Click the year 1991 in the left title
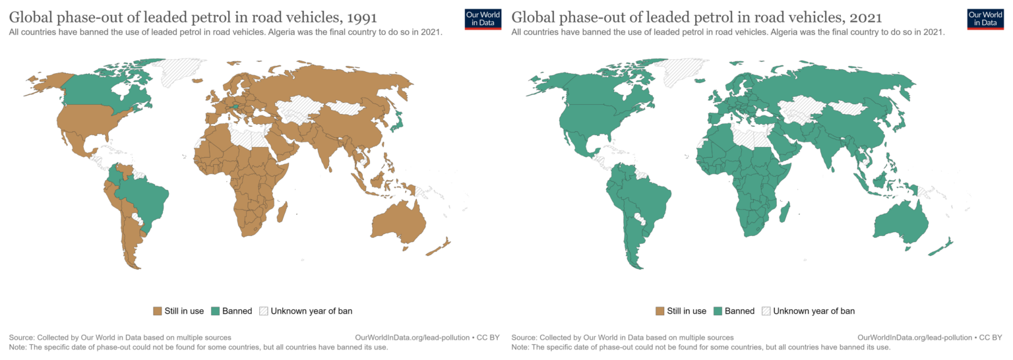coord(356,16)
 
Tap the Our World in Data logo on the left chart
coord(483,18)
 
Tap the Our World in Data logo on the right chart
coord(985,18)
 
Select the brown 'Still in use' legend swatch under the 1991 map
coord(157,311)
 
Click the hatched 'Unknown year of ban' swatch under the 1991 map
coord(264,311)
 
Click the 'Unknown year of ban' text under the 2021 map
coord(814,311)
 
